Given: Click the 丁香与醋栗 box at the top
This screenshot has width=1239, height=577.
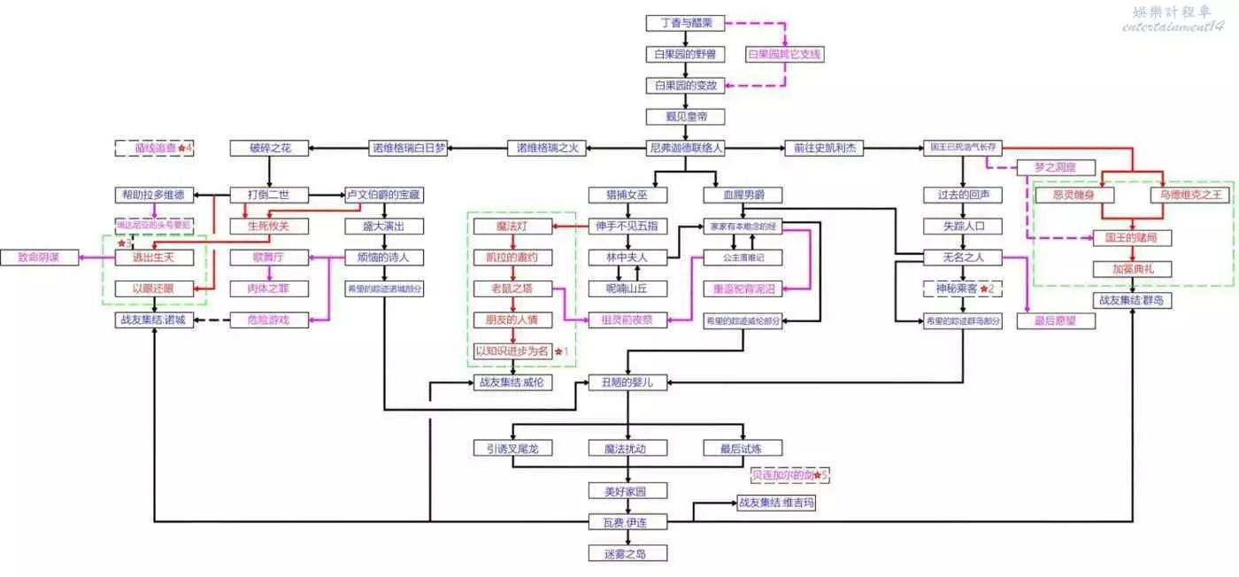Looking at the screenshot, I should pyautogui.click(x=686, y=23).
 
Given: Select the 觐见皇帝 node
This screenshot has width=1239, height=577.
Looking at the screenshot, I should pyautogui.click(x=686, y=116).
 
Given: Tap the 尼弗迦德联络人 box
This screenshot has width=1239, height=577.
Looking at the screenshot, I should pyautogui.click(x=686, y=148).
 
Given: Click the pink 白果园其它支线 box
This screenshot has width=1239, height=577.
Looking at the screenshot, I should pyautogui.click(x=785, y=54).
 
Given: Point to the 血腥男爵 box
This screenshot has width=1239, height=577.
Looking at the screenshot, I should pyautogui.click(x=743, y=195).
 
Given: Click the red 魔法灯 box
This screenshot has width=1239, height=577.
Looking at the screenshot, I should pyautogui.click(x=513, y=227).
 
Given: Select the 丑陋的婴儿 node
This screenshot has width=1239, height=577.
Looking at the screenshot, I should pyautogui.click(x=627, y=383).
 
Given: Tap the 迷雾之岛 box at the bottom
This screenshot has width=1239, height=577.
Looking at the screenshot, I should pyautogui.click(x=627, y=554).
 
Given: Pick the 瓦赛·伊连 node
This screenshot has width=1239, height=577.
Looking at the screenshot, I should pyautogui.click(x=627, y=522).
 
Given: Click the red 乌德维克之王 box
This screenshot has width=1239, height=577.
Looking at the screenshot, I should pyautogui.click(x=1190, y=195).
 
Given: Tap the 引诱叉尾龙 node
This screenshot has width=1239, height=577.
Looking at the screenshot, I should pyautogui.click(x=513, y=448).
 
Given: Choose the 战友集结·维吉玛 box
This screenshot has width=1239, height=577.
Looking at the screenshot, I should pyautogui.click(x=775, y=504).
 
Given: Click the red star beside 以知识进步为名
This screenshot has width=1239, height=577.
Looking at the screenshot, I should pyautogui.click(x=558, y=351).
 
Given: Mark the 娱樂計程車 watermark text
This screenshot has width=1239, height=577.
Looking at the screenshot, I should pyautogui.click(x=1177, y=12).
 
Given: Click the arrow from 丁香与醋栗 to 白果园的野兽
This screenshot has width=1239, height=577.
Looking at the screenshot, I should pyautogui.click(x=686, y=38).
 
